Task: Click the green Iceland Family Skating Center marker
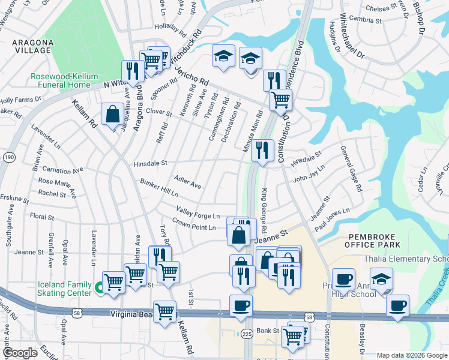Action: [98, 289]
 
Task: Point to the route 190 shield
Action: [10, 157]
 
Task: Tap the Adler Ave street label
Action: [187, 182]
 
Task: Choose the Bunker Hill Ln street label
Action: [159, 188]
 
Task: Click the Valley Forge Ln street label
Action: [197, 212]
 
